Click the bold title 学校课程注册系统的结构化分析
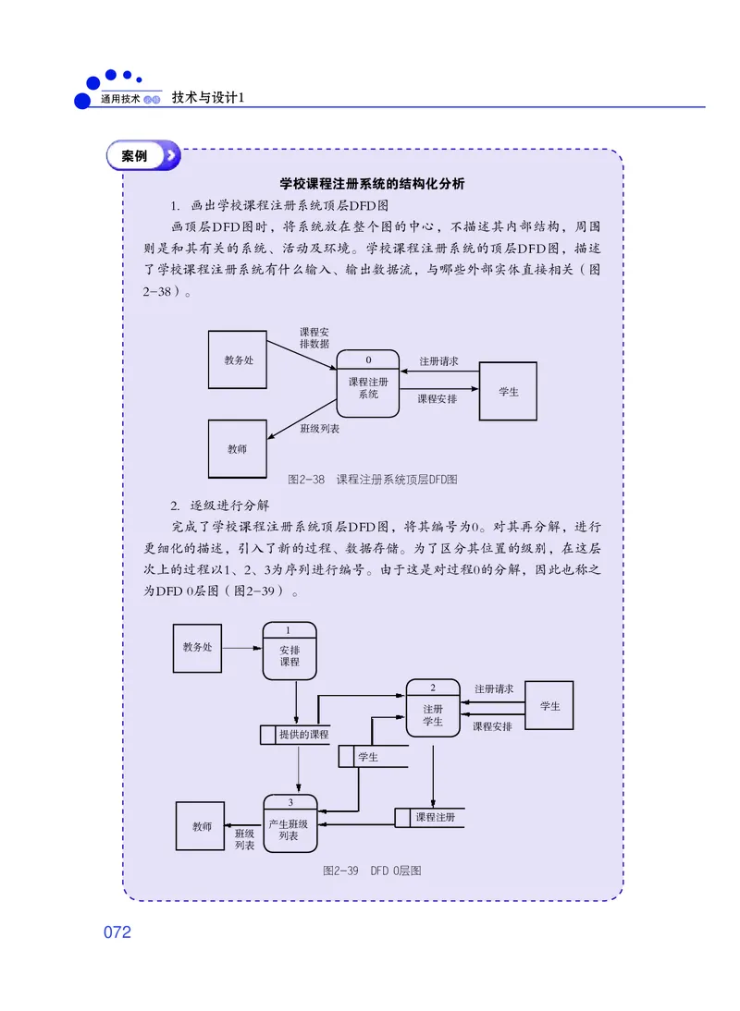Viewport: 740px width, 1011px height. tap(372, 184)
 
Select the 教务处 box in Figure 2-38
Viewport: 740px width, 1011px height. tap(238, 360)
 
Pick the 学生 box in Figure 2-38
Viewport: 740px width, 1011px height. tap(508, 391)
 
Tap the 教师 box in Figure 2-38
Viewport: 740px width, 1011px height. tap(238, 449)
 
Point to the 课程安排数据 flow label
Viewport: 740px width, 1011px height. tap(314, 337)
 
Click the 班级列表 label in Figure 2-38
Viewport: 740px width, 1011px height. tap(319, 429)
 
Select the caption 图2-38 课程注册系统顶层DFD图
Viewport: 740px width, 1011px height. tap(373, 480)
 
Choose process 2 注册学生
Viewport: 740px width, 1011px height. tap(433, 709)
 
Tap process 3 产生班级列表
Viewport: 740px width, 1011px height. tap(290, 823)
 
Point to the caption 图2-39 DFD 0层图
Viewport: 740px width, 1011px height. tap(372, 871)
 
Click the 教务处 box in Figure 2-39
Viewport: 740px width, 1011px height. tap(197, 648)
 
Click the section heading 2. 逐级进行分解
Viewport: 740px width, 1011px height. tap(219, 505)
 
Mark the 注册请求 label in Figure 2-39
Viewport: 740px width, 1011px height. tap(493, 688)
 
